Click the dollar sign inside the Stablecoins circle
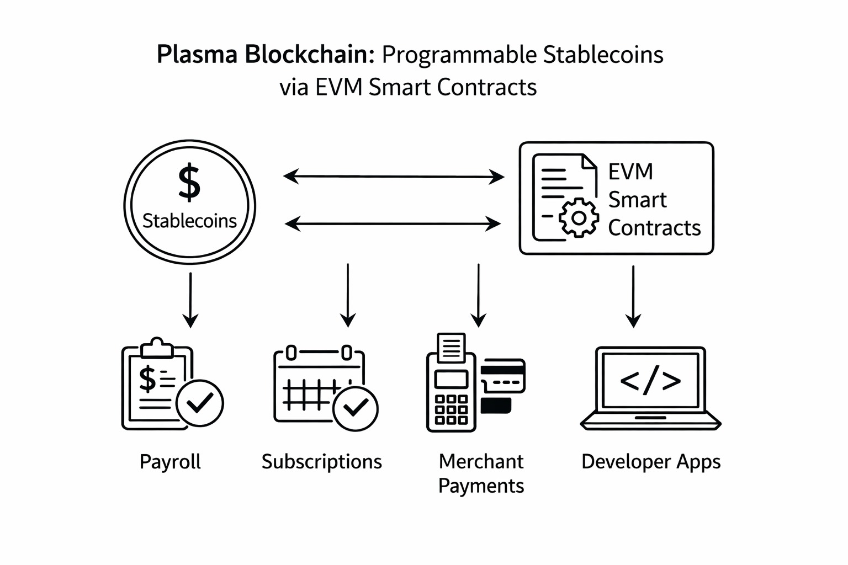click(x=189, y=182)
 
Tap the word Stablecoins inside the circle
click(x=189, y=221)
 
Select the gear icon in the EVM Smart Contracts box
click(x=579, y=218)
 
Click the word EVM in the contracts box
click(x=630, y=172)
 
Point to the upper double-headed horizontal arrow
click(x=394, y=177)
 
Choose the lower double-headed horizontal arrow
click(x=393, y=223)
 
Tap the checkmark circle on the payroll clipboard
click(x=200, y=403)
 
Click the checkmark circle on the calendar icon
click(x=356, y=408)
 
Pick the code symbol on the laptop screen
click(x=650, y=381)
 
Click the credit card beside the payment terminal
click(x=503, y=375)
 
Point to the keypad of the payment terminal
click(x=451, y=409)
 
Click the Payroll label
click(x=170, y=462)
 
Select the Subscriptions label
click(x=321, y=462)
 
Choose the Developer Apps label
click(x=651, y=462)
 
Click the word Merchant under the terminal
click(x=481, y=461)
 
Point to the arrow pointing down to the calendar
click(x=348, y=295)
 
